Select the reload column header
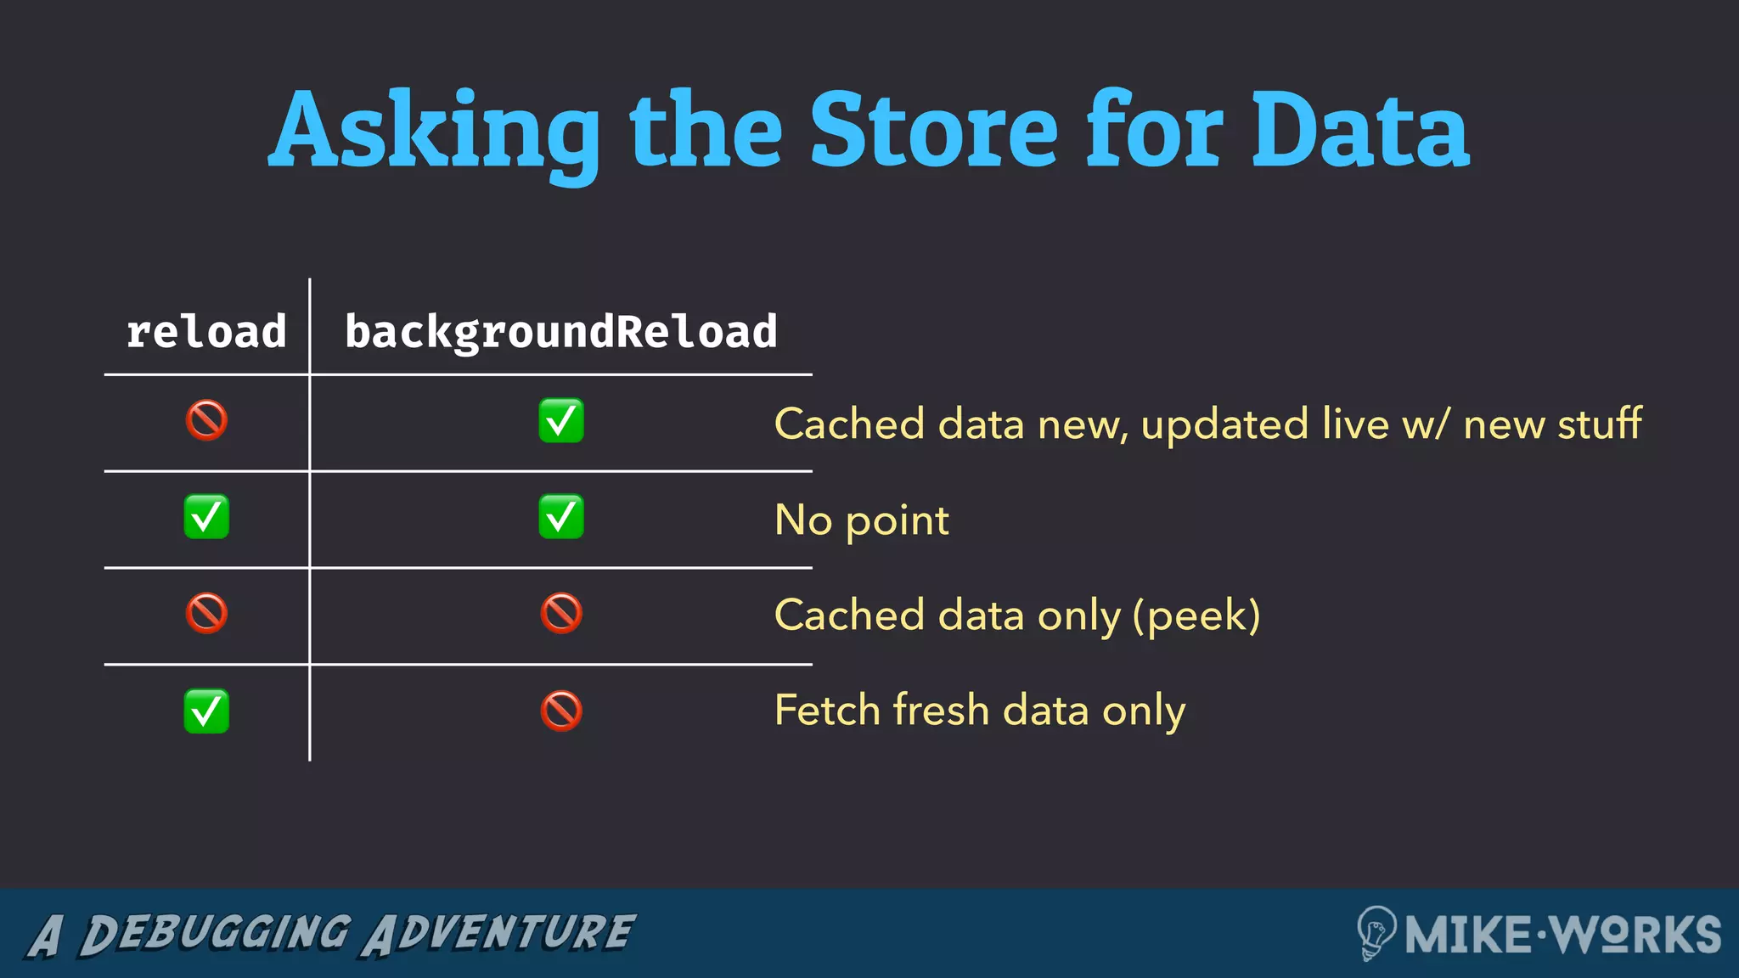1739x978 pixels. coord(206,332)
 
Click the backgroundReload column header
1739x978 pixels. coord(561,332)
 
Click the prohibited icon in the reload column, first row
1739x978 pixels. coord(206,420)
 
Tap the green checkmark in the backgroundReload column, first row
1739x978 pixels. coord(561,420)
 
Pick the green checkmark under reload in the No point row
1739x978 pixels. coord(206,517)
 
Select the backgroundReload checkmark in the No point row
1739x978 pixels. coord(561,517)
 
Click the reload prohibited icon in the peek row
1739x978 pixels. coord(206,613)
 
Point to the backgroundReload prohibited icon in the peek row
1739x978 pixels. coord(561,613)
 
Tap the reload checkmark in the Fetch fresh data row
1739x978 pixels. coord(206,711)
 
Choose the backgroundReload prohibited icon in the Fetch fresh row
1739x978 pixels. coord(561,711)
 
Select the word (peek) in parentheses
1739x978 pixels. coord(1196,615)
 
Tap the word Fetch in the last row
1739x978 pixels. coord(827,710)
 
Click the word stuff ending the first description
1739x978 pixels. coord(1600,423)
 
